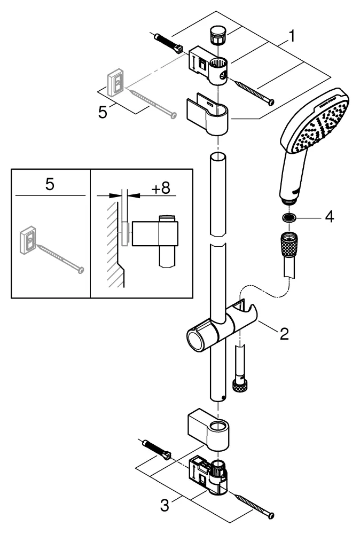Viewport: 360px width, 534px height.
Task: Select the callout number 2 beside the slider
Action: pos(284,334)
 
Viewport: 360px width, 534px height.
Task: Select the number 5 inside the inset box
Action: pos(49,185)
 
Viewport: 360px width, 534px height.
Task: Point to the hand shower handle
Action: pos(291,176)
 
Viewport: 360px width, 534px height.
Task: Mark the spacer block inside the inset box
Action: pos(125,234)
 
